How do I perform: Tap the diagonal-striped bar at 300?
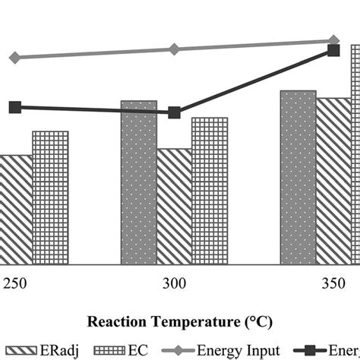[174, 207]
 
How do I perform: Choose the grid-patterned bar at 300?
[209, 191]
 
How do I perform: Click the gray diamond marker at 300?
[174, 49]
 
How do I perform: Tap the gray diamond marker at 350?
[333, 41]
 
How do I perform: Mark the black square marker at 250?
[14, 108]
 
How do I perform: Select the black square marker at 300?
[174, 112]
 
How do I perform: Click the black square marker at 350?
[333, 50]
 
